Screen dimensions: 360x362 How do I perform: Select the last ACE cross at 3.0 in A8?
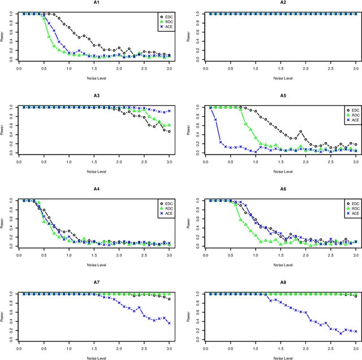[x=355, y=331]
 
